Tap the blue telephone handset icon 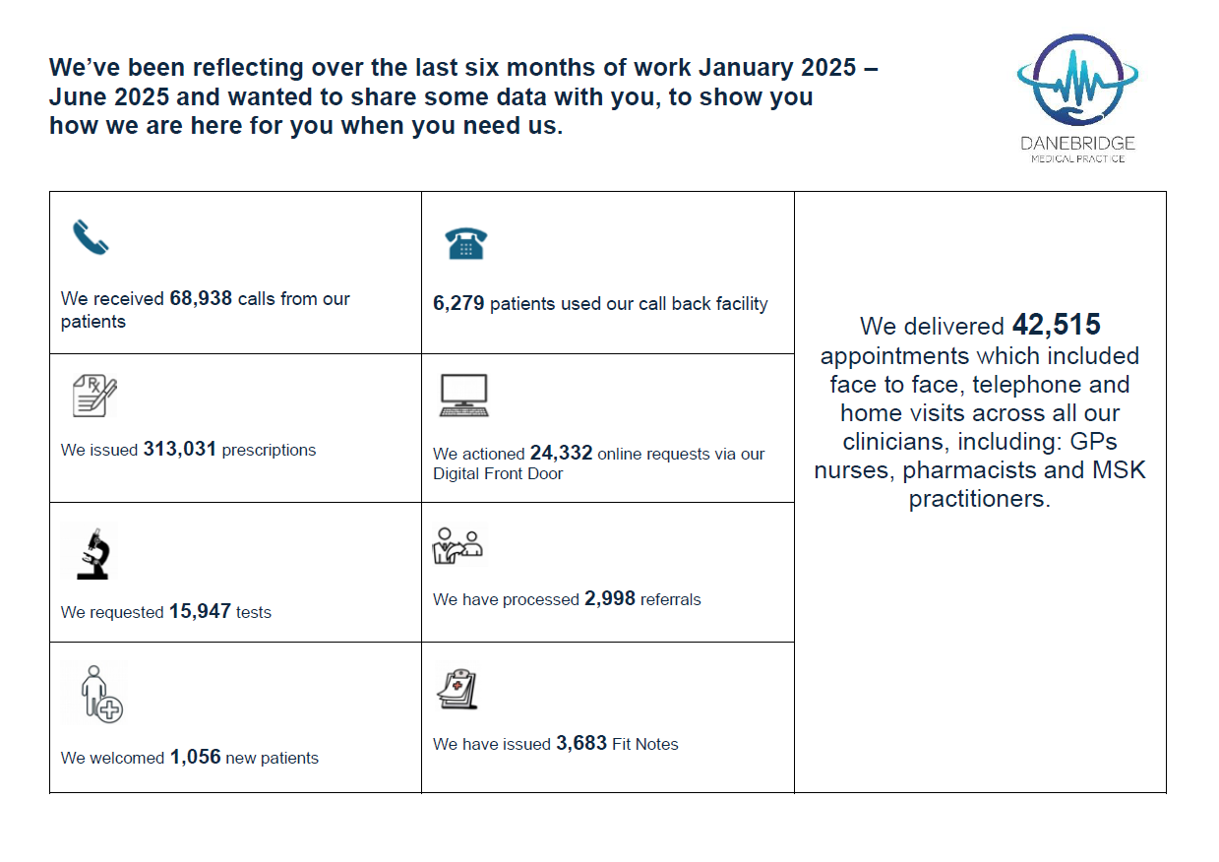[91, 237]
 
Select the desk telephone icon [466, 242]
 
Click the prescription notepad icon [94, 396]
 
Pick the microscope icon [91, 552]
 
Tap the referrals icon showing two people [458, 545]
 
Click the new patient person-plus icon [101, 694]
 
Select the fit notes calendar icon [457, 689]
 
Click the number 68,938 [202, 298]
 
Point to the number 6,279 [458, 304]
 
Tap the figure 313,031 [180, 450]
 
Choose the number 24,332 [561, 454]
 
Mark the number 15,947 [200, 611]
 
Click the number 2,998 [610, 599]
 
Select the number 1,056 [196, 758]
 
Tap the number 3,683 [581, 744]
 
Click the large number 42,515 [1057, 326]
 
